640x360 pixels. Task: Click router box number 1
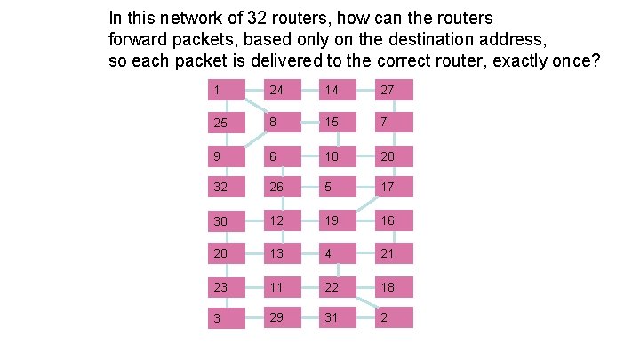pos(227,90)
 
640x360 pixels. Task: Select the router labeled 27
pos(394,90)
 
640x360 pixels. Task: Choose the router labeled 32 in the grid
pos(227,188)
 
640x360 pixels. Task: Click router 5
pos(338,188)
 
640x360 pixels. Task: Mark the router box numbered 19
pos(338,220)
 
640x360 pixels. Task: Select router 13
pos(283,253)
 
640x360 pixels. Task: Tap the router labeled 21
pos(394,253)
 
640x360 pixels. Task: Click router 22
pos(338,287)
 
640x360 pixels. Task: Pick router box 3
pos(227,317)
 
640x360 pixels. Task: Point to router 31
pos(338,317)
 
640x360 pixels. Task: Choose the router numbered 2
pos(394,317)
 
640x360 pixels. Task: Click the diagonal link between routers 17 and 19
pos(366,204)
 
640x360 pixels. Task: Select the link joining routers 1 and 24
pos(255,90)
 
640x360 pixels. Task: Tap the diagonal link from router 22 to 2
pos(365,302)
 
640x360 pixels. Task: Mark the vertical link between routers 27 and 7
pos(394,107)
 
